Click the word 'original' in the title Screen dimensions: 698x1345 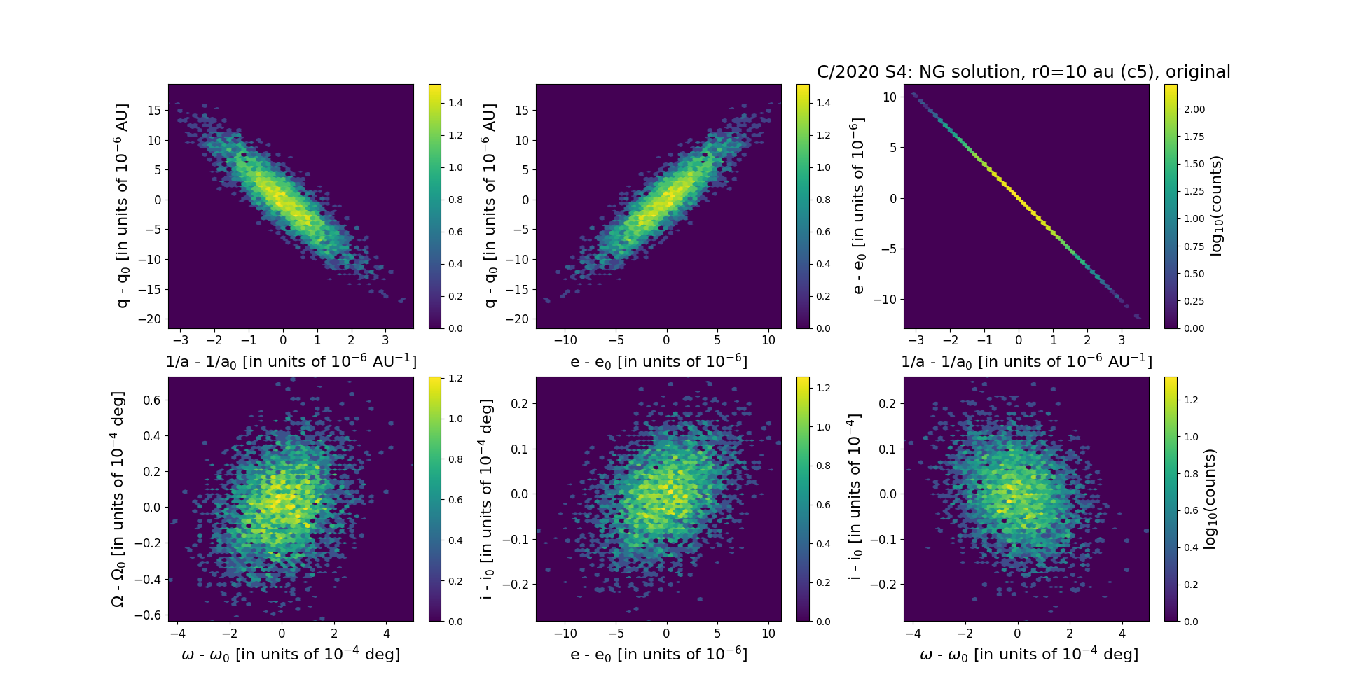click(1199, 72)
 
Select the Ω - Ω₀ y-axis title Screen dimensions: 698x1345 click(118, 499)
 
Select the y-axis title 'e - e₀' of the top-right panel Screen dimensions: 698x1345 click(858, 206)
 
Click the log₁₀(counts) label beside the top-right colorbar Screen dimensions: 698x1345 click(1215, 206)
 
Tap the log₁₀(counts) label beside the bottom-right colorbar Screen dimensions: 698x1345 click(1209, 499)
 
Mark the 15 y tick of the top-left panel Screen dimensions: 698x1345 click(154, 110)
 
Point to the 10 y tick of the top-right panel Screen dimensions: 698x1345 click(890, 97)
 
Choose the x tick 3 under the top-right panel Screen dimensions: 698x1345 click(1122, 340)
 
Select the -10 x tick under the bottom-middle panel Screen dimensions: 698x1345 click(565, 634)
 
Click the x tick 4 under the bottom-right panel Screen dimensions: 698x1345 click(1122, 634)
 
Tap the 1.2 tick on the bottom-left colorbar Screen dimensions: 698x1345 click(455, 379)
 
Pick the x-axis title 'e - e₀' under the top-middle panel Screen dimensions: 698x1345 click(658, 362)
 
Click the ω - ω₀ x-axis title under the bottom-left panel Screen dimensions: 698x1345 click(291, 655)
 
